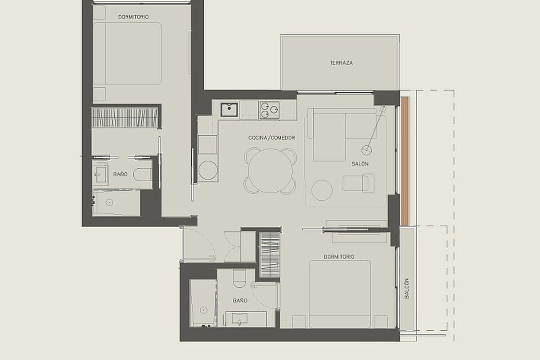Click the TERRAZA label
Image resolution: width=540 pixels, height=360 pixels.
click(341, 63)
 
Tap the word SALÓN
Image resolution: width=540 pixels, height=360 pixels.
click(360, 164)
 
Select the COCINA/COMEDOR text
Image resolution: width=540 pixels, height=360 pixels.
click(271, 138)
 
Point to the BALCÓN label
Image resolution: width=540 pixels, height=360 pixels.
click(407, 288)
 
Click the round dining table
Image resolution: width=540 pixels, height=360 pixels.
click(270, 171)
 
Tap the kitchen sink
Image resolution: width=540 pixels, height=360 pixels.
click(229, 110)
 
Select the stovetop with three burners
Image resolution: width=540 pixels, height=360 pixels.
click(270, 110)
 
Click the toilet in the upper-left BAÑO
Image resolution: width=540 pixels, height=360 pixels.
click(142, 175)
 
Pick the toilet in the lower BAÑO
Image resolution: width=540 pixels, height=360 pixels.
click(239, 279)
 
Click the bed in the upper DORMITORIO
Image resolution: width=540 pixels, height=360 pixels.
click(127, 53)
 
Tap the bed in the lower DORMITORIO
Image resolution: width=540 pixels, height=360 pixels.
click(340, 294)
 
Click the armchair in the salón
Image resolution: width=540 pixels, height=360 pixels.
click(359, 183)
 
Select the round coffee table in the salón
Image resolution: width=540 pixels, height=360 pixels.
click(322, 190)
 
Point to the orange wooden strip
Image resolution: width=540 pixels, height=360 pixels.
click(405, 161)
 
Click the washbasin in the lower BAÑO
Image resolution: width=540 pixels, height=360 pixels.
click(239, 319)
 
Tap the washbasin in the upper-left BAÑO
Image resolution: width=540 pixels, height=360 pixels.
click(99, 174)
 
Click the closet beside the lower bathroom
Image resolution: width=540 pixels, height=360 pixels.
click(270, 255)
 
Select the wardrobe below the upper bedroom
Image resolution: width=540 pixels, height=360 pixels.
click(125, 117)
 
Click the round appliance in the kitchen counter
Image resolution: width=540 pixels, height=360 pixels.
click(207, 170)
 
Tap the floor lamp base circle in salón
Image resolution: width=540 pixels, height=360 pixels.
click(366, 150)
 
